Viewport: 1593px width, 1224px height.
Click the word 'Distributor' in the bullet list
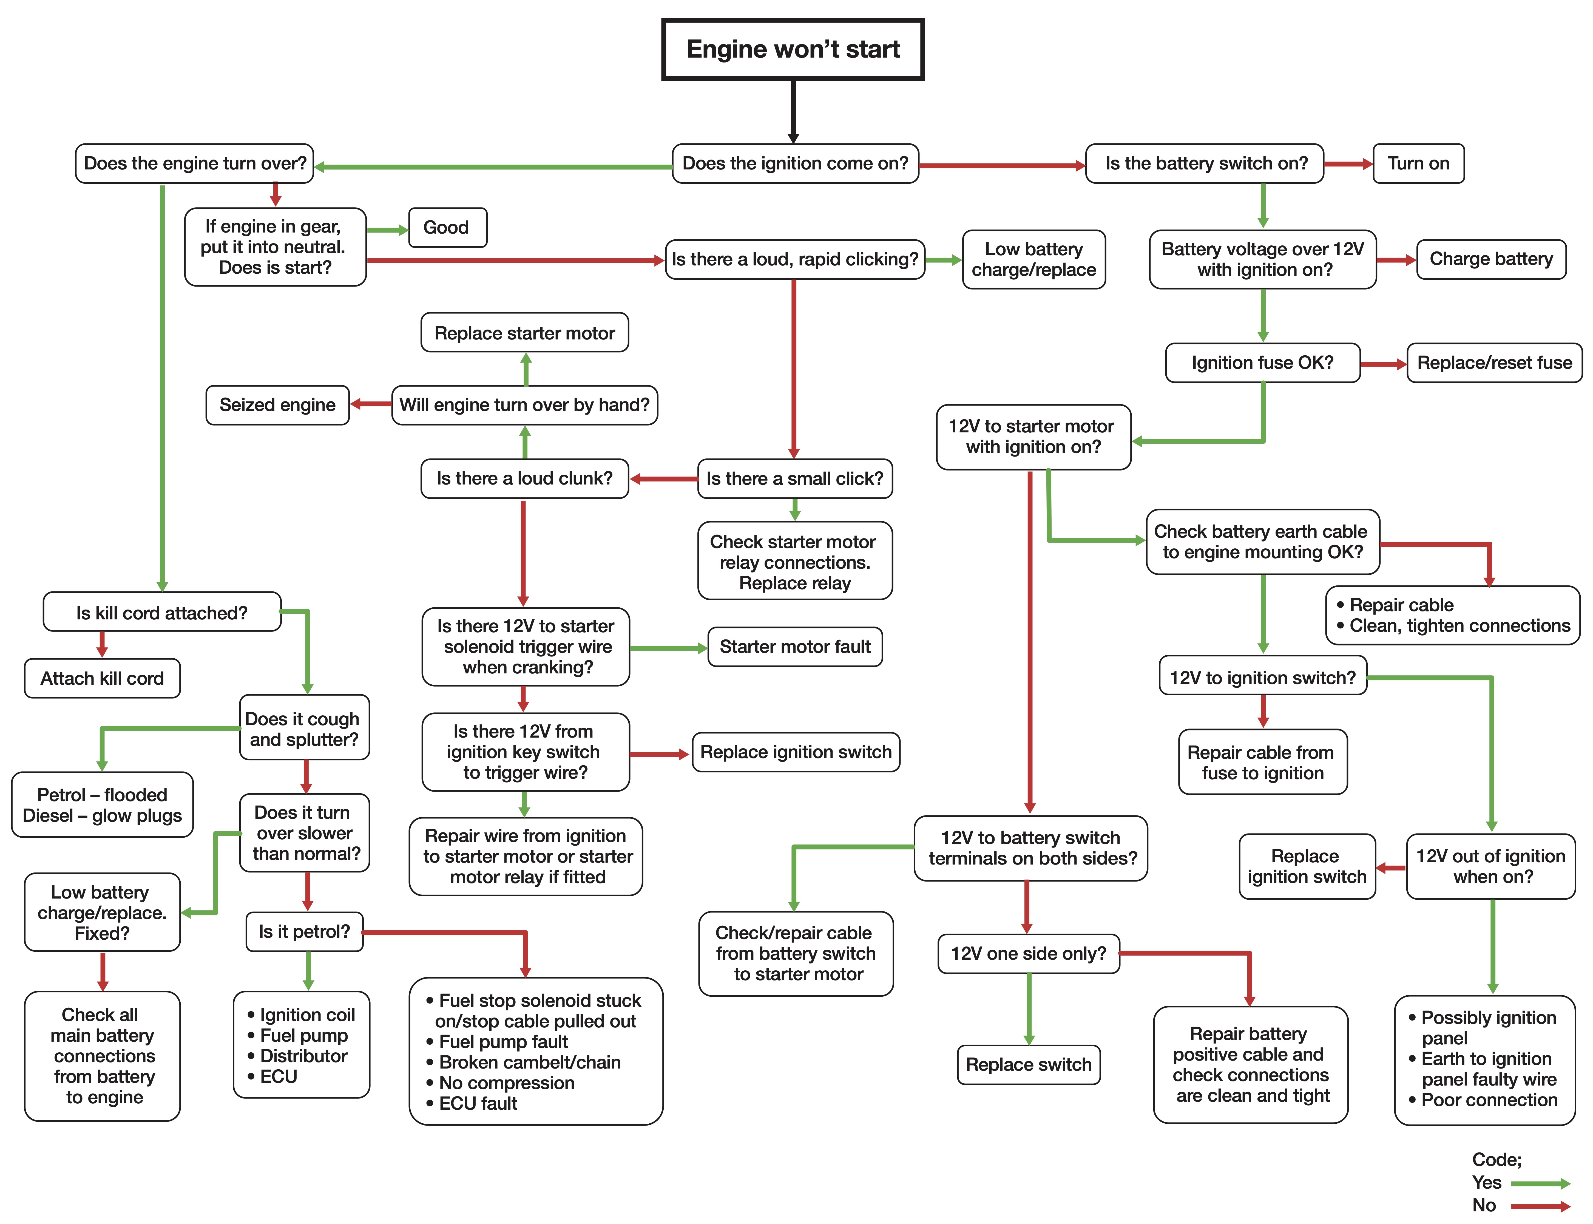(x=304, y=1056)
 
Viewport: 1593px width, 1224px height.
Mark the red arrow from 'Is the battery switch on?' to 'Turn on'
(x=1348, y=164)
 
